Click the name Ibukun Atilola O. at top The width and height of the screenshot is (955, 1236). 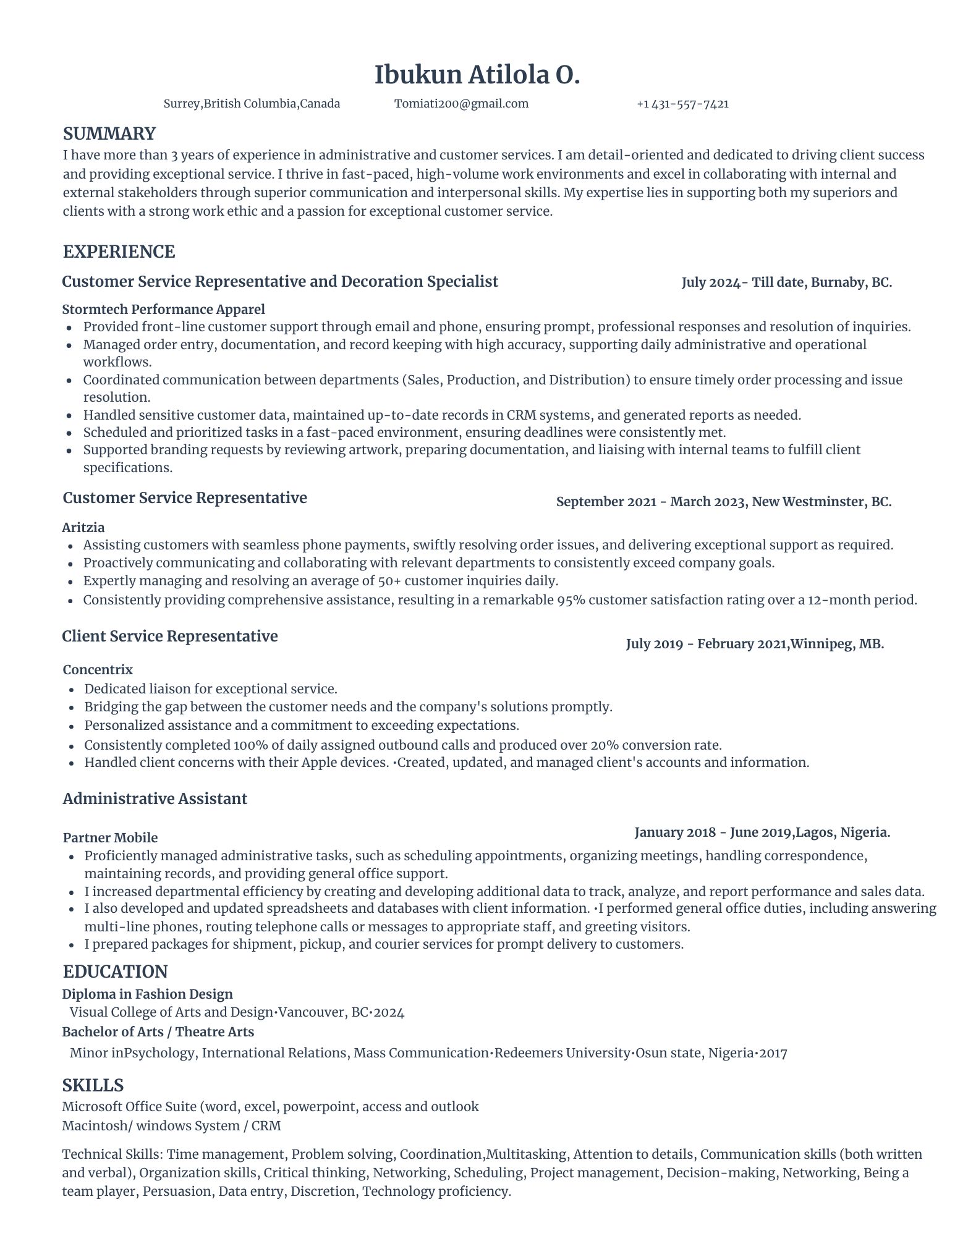(477, 75)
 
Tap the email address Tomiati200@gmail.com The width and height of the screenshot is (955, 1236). (461, 104)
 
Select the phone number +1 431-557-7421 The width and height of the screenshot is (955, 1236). (682, 104)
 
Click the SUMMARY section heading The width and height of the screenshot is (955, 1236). (109, 133)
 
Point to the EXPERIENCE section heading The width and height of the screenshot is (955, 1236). (119, 252)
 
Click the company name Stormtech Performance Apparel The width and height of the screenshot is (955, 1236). (163, 309)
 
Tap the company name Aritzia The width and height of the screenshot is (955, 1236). (83, 527)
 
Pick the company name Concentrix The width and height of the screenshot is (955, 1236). (98, 669)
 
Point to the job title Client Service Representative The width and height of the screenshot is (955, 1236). (170, 636)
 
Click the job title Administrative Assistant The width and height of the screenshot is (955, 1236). (155, 798)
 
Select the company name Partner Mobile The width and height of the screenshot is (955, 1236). (110, 837)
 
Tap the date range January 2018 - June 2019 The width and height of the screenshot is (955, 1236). (713, 832)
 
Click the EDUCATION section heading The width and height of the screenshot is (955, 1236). (115, 971)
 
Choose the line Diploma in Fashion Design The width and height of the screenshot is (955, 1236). (147, 994)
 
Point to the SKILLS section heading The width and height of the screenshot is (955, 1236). (93, 1085)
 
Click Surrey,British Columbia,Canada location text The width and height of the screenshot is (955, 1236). (252, 104)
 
